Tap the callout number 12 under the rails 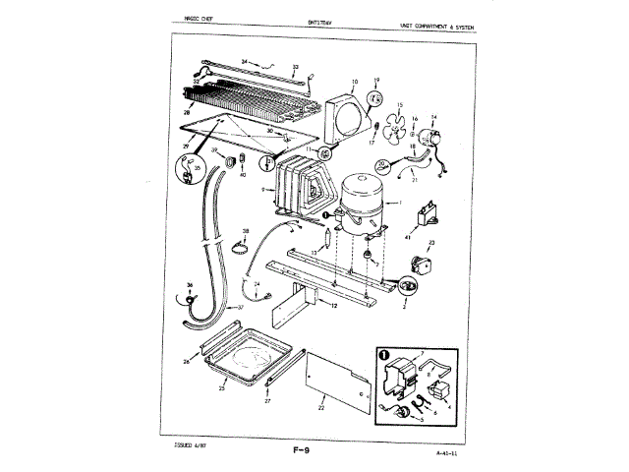point(334,307)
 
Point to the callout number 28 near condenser point(185,114)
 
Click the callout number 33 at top point(295,68)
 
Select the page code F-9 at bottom point(302,451)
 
